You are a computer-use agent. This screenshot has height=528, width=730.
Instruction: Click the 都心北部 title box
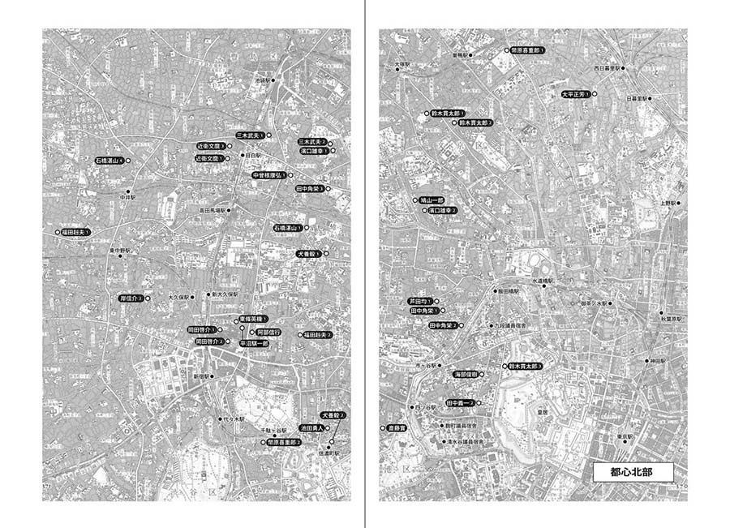pyautogui.click(x=633, y=470)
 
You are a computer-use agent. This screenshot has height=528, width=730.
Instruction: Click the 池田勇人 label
pyautogui.click(x=311, y=427)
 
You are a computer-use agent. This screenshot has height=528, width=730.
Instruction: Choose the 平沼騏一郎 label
pyautogui.click(x=254, y=343)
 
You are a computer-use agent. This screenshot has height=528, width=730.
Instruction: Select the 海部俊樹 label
pyautogui.click(x=469, y=374)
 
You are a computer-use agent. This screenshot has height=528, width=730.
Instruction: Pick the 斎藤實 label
pyautogui.click(x=396, y=427)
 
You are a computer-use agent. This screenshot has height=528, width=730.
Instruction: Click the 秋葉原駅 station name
pyautogui.click(x=675, y=319)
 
